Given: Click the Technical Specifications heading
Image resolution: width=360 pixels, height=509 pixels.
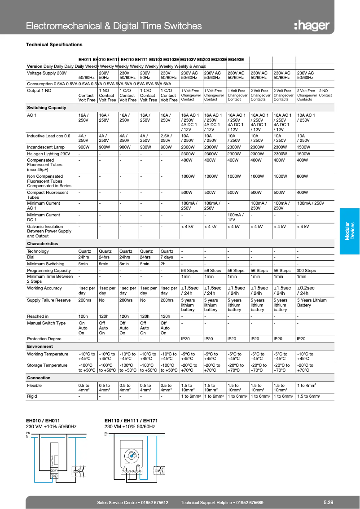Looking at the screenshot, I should (x=54, y=44).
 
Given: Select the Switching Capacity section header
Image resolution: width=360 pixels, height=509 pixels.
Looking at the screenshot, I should (x=47, y=108).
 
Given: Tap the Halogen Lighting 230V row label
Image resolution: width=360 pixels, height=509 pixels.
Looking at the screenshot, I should (x=48, y=154).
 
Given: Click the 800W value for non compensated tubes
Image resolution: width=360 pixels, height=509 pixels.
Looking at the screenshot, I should (x=303, y=176).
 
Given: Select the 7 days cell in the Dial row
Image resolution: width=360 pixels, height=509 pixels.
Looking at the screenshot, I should (x=167, y=257).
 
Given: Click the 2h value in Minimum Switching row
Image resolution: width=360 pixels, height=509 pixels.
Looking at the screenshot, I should (x=163, y=264).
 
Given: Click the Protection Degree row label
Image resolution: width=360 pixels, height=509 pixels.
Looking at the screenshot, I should (x=44, y=339).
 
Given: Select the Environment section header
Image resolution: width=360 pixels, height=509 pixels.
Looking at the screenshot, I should (x=40, y=347).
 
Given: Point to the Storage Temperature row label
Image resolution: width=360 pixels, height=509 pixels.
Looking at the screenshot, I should (x=47, y=365).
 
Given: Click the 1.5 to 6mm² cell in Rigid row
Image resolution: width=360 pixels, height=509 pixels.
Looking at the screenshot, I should (x=308, y=396).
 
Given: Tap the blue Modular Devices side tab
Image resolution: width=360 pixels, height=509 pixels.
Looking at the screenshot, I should (x=349, y=231).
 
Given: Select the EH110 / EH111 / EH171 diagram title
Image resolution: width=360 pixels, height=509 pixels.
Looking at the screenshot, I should (x=130, y=421).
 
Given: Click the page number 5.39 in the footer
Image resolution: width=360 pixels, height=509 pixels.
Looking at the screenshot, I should (x=328, y=502).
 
